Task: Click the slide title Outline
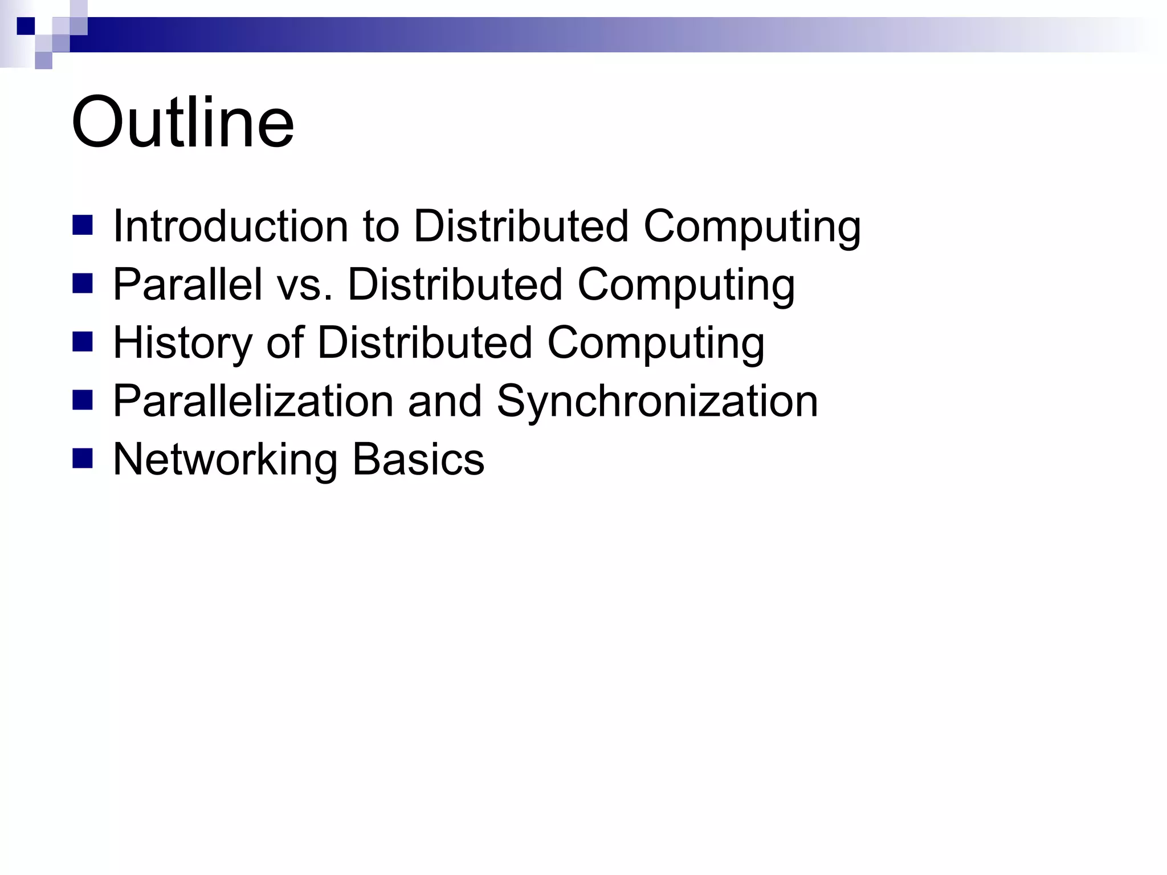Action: tap(182, 122)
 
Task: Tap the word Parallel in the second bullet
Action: tap(187, 285)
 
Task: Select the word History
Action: tap(182, 344)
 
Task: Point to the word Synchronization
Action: tap(657, 402)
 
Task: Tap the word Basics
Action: tap(418, 460)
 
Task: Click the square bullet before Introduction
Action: tap(83, 226)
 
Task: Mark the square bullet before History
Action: tap(83, 342)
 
